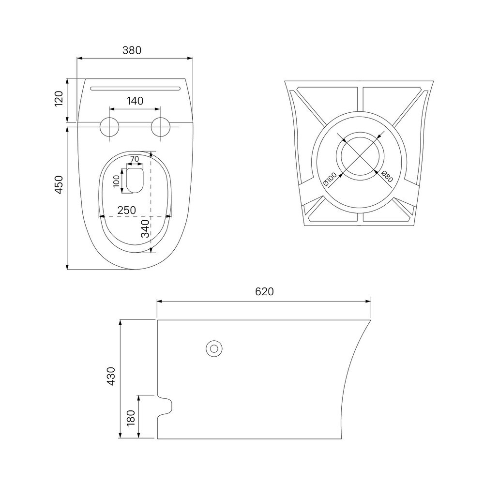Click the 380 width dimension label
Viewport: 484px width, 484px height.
click(x=132, y=50)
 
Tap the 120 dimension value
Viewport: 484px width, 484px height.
click(x=59, y=98)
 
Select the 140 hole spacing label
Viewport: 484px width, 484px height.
click(x=135, y=101)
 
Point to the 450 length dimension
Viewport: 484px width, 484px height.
click(x=59, y=184)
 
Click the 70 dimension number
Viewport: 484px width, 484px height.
click(x=135, y=159)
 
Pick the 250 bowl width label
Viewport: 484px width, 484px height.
click(x=126, y=210)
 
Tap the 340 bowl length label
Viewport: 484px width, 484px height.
click(x=145, y=228)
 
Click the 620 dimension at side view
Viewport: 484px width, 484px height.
click(x=265, y=291)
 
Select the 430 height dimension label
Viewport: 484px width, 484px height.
click(x=110, y=376)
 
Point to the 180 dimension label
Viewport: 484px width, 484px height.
click(x=131, y=418)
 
